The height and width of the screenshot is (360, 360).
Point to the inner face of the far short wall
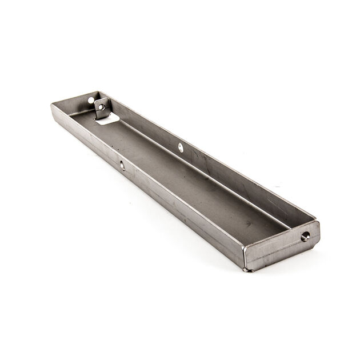click(x=74, y=106)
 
